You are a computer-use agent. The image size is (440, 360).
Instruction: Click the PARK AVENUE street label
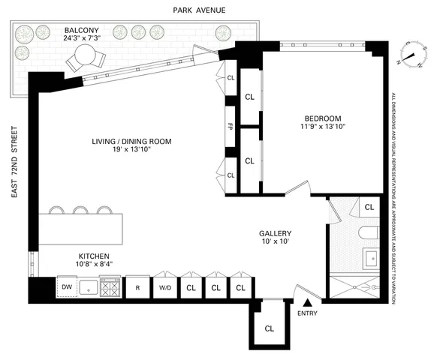pos(191,11)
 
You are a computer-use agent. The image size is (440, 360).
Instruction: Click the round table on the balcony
pos(84,55)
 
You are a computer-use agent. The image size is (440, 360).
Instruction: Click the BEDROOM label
pos(323,118)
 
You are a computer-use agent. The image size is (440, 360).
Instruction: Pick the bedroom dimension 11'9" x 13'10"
pos(323,127)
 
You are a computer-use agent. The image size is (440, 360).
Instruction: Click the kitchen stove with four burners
pos(110,286)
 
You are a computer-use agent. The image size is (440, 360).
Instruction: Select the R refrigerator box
pos(137,286)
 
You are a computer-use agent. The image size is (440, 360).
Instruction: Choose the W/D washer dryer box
pos(164,286)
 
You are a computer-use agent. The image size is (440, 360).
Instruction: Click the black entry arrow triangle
pos(306,301)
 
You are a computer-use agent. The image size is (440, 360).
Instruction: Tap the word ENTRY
pos(307,313)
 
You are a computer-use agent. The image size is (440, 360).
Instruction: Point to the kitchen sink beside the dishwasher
pos(87,286)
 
